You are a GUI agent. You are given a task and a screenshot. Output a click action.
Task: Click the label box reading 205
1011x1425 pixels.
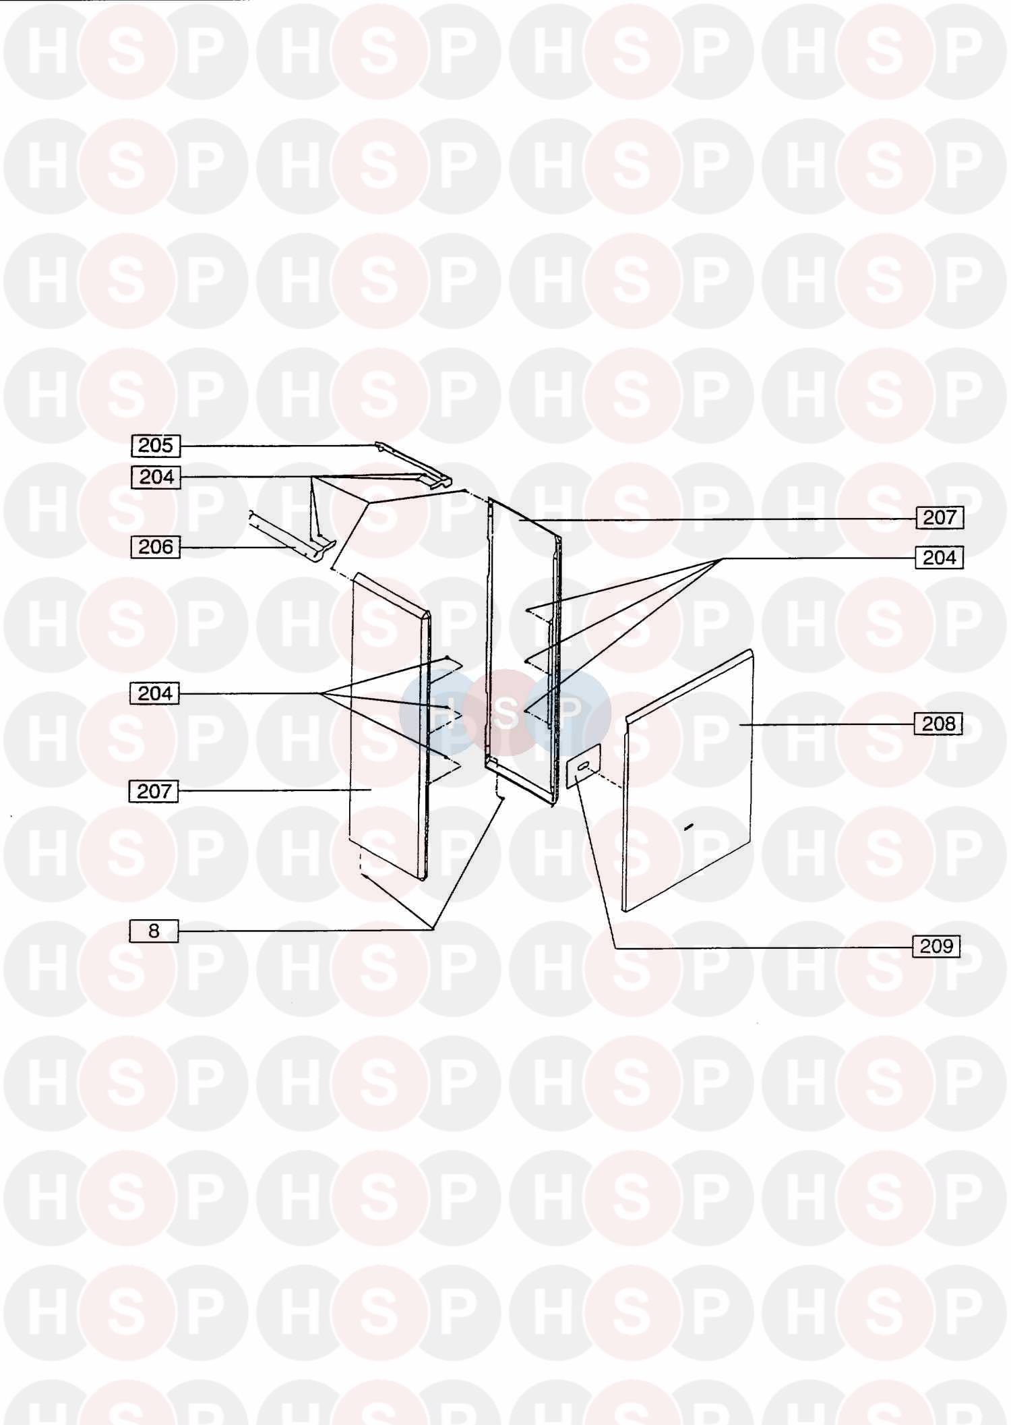tap(156, 446)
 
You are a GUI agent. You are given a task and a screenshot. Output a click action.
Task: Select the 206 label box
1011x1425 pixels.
tap(156, 547)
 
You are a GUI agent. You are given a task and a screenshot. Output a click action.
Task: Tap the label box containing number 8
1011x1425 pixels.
tap(154, 931)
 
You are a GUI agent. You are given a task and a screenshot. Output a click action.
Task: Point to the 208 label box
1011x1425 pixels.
tap(938, 724)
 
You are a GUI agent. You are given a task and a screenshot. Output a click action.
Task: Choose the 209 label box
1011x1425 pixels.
tap(936, 946)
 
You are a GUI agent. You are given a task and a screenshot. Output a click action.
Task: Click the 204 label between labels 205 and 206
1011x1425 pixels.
tap(156, 477)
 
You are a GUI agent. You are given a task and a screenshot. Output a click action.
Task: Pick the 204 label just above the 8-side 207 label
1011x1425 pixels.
tap(154, 693)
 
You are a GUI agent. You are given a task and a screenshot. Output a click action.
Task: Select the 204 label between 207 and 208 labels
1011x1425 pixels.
tap(939, 558)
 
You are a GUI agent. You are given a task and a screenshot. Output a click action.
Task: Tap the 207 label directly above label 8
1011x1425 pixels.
tap(154, 791)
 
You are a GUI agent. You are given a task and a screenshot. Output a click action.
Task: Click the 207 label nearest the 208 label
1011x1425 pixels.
tap(940, 517)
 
